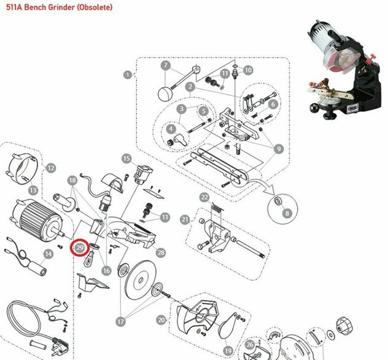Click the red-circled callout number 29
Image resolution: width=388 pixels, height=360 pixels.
[80, 248]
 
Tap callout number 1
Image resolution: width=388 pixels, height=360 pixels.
[127, 75]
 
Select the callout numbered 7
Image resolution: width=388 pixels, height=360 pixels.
[165, 65]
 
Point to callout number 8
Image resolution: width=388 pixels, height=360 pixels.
[286, 214]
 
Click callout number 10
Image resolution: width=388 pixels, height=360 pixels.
[248, 70]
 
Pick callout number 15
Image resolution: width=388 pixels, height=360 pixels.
[126, 158]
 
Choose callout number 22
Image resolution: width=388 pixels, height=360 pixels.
[204, 197]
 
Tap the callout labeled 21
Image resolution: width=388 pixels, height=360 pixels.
[184, 219]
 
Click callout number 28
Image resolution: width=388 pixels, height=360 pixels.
[161, 252]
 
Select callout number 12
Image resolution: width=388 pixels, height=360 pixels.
[51, 167]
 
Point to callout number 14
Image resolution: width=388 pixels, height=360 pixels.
[47, 254]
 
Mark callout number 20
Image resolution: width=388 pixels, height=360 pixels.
[161, 319]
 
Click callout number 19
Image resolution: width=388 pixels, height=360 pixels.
[228, 351]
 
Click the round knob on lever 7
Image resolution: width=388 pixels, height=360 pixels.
[165, 93]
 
